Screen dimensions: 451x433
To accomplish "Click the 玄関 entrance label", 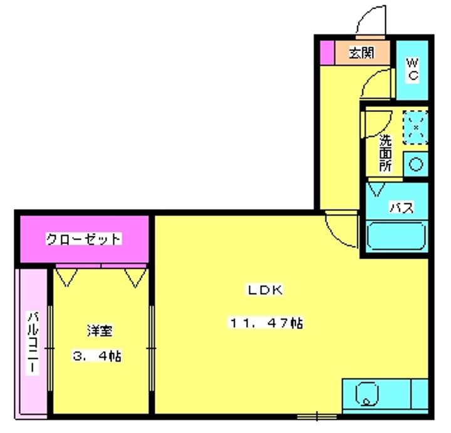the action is [362, 53].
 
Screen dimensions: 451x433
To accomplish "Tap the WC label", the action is [413, 69].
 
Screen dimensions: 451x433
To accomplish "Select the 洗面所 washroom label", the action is [385, 153].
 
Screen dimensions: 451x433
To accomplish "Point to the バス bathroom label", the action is [402, 208].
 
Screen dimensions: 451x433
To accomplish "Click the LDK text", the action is [266, 290].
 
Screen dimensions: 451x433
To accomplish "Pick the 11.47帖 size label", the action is [266, 323].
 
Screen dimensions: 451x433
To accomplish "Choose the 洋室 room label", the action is [100, 331].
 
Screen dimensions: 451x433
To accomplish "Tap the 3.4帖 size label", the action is [96, 357].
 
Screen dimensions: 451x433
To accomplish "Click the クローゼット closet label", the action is [84, 239].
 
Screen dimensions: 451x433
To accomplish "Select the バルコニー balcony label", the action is [33, 343].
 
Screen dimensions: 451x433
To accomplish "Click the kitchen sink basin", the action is [367, 394].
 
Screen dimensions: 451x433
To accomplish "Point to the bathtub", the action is [397, 236].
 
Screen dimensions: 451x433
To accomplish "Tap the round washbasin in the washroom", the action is [416, 165].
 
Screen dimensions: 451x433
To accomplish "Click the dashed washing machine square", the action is [415, 128].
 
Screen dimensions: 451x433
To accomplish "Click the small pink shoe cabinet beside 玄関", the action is [327, 53].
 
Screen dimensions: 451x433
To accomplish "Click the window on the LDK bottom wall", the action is [317, 416].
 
